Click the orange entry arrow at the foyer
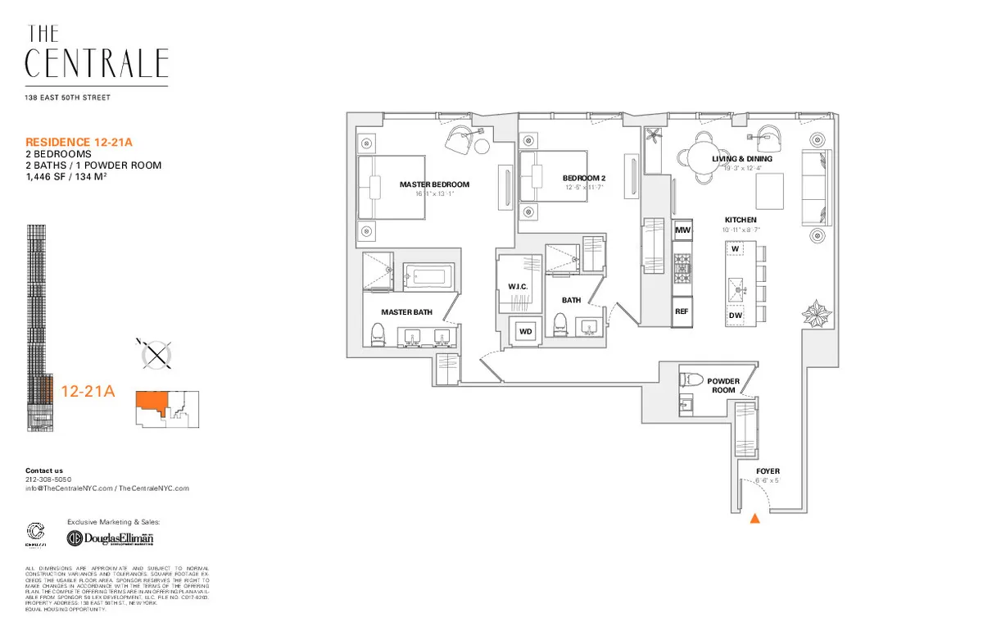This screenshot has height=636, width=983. pyautogui.click(x=754, y=518)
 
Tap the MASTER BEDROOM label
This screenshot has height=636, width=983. pyautogui.click(x=434, y=184)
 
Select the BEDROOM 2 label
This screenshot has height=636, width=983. pyautogui.click(x=584, y=178)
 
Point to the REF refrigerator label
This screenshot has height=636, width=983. pyautogui.click(x=682, y=312)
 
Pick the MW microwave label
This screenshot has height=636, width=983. pyautogui.click(x=682, y=232)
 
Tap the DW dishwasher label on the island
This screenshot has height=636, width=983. pyautogui.click(x=736, y=316)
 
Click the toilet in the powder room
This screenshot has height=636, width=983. pyautogui.click(x=690, y=381)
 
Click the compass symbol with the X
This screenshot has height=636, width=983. pyautogui.click(x=156, y=355)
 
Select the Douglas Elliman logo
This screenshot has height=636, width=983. pyautogui.click(x=110, y=538)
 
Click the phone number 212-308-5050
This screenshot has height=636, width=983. pyautogui.click(x=48, y=479)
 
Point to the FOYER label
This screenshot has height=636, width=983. pyautogui.click(x=768, y=471)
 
